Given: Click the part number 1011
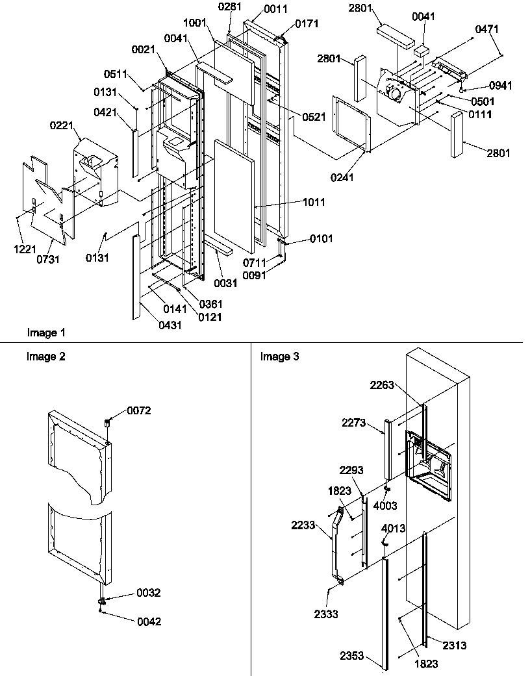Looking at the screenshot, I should (x=314, y=203).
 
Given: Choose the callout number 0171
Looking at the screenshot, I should (x=307, y=24).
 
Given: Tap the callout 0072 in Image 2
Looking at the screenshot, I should (x=139, y=411).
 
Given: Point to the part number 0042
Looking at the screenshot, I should (x=149, y=621).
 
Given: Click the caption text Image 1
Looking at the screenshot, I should (x=46, y=333).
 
